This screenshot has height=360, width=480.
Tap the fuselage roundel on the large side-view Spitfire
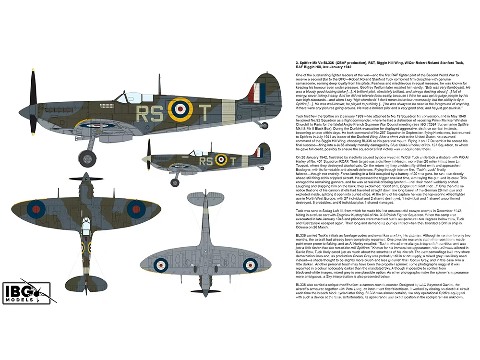[180, 110]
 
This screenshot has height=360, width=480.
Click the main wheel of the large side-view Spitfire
[87, 157]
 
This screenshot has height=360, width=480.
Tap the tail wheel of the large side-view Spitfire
[263, 125]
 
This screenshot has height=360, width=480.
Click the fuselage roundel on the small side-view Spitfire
[221, 159]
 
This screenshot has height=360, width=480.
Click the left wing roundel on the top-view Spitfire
[36, 207]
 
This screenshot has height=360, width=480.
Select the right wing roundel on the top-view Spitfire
[136, 207]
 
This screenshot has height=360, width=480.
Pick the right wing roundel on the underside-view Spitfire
[250, 264]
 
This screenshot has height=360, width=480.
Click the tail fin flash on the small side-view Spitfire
[259, 153]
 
